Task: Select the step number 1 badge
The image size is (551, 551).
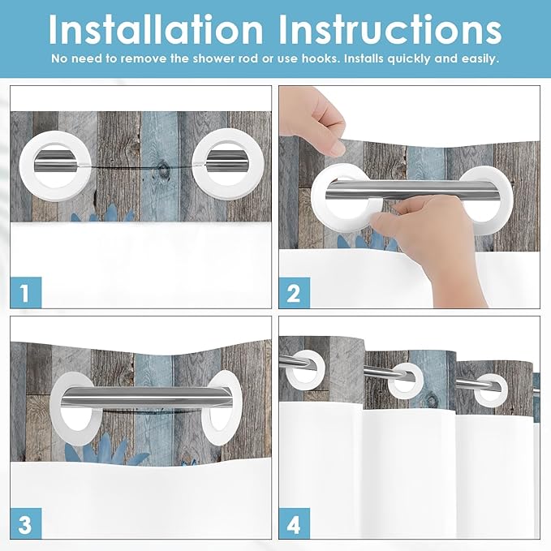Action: tap(24, 293)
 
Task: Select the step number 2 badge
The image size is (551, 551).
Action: tap(293, 293)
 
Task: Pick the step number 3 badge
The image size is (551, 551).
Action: tap(24, 523)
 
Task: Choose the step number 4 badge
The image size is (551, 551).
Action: tap(293, 523)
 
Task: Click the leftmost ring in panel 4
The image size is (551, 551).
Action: tap(302, 365)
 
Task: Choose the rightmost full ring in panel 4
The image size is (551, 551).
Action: tap(490, 390)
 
